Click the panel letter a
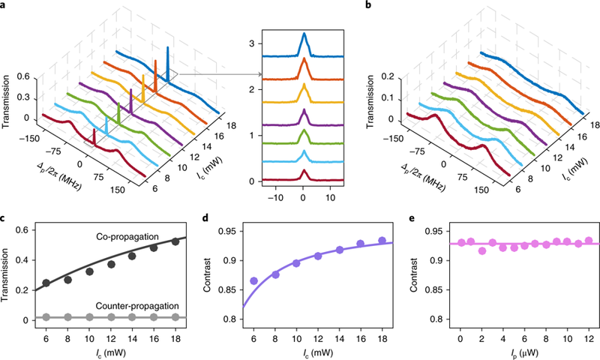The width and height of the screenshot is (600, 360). (x=5, y=5)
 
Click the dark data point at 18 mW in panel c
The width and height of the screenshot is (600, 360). (x=175, y=241)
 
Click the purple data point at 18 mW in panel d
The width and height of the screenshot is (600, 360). (x=381, y=241)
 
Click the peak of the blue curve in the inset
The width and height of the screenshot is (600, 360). (x=304, y=34)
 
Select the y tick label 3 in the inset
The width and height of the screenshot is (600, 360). (x=253, y=43)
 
